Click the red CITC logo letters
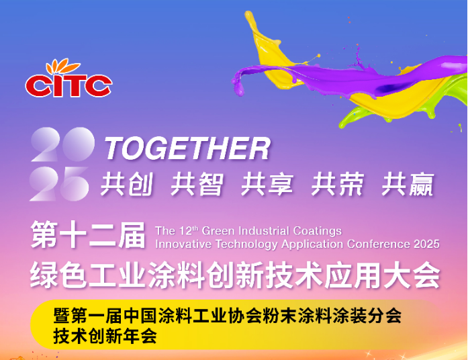pos(68,86)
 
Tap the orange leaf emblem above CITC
pos(62,66)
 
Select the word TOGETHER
pos(187,148)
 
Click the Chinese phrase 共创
pos(127,184)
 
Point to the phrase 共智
pos(197,184)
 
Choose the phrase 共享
pos(267,184)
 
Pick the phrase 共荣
pos(338,184)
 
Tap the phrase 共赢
pos(408,184)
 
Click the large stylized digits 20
pos(63,144)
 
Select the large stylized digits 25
pos(59,184)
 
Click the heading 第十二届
pos(88,235)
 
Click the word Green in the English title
pos(218,231)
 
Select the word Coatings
pos(318,231)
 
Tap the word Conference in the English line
pos(379,244)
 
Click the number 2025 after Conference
pos(426,244)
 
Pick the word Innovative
pos(183,244)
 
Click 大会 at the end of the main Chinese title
pos(412,275)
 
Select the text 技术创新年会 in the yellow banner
pos(105,336)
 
